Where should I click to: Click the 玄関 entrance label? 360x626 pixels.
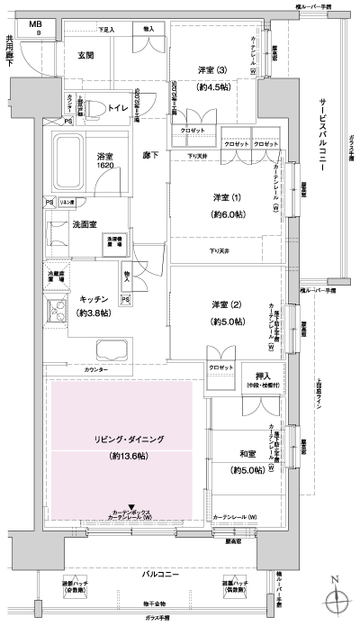tap(85, 55)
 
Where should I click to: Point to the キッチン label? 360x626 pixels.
tap(95, 298)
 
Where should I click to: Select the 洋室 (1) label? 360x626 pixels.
tap(227, 198)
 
